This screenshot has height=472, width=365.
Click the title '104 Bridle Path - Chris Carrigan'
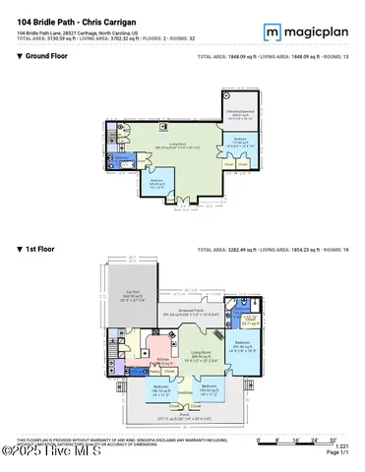76,23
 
